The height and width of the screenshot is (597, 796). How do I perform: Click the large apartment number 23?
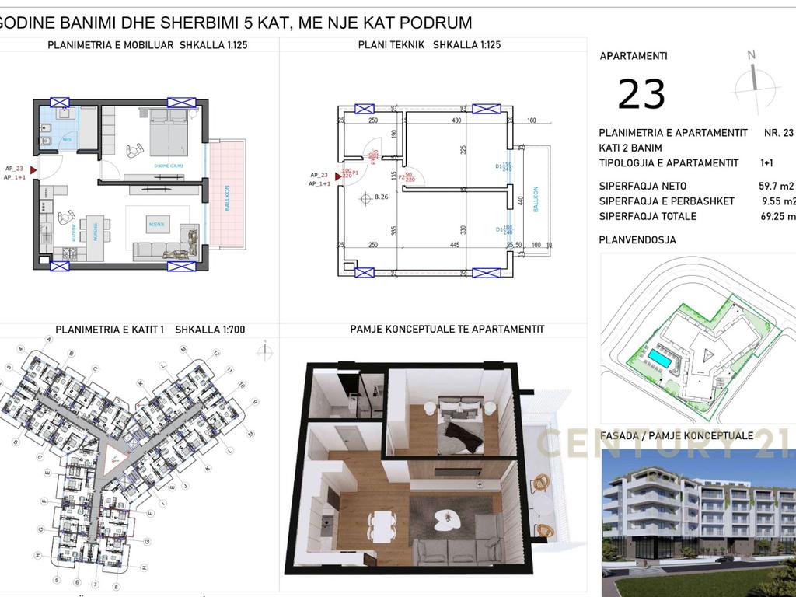coord(641,95)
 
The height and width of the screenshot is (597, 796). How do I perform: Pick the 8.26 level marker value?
coord(381,197)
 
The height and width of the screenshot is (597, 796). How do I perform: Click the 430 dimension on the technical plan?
coord(456,120)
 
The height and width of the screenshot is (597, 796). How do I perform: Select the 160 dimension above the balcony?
coord(532,120)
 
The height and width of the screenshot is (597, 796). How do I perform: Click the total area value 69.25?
coord(777,217)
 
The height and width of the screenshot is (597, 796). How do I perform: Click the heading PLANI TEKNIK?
coord(391,45)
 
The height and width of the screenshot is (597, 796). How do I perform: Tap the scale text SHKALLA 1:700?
coord(210,330)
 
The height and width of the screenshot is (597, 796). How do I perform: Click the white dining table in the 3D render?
coord(381,518)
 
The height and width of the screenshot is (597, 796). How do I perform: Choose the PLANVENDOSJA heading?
coord(637,240)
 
